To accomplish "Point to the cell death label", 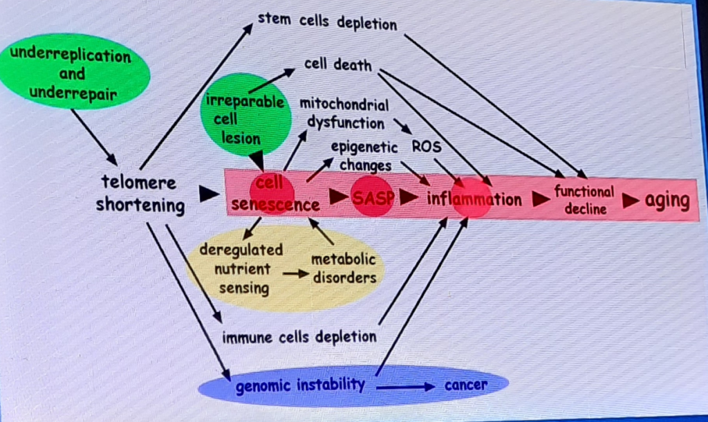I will click(337, 65).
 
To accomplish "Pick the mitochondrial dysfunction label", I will click(344, 113).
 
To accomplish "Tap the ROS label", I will click(426, 146).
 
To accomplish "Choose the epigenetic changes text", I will click(364, 156).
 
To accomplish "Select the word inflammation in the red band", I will click(474, 199).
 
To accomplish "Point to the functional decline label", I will click(584, 200).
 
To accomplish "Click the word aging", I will click(667, 201).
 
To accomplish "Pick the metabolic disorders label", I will click(344, 268).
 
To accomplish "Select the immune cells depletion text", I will click(299, 337).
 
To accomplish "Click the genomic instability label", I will click(300, 385).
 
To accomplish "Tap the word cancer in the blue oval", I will click(466, 384).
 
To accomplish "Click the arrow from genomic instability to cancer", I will click(405, 386).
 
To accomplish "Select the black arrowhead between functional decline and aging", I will click(631, 201).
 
